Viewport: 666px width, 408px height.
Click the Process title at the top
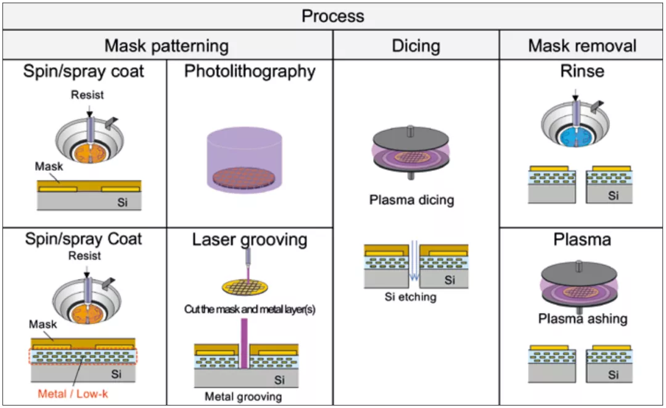click(x=332, y=15)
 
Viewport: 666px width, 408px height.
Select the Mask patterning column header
click(x=166, y=46)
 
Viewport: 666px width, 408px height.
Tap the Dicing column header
click(x=416, y=46)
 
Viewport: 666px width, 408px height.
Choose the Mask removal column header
click(x=582, y=46)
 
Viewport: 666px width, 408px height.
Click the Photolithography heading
click(x=250, y=72)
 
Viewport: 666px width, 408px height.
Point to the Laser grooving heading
click(x=250, y=239)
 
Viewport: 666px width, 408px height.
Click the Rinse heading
click(x=582, y=72)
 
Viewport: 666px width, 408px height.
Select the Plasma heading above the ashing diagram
click(x=582, y=239)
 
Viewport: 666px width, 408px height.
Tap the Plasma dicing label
click(x=411, y=200)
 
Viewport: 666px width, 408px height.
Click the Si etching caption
click(x=410, y=297)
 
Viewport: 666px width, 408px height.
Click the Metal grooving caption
click(x=243, y=396)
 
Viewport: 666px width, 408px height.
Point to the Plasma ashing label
click(x=582, y=319)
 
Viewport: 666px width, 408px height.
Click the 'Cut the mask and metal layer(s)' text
click(x=250, y=309)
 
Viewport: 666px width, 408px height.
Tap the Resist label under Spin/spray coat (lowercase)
click(x=87, y=95)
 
